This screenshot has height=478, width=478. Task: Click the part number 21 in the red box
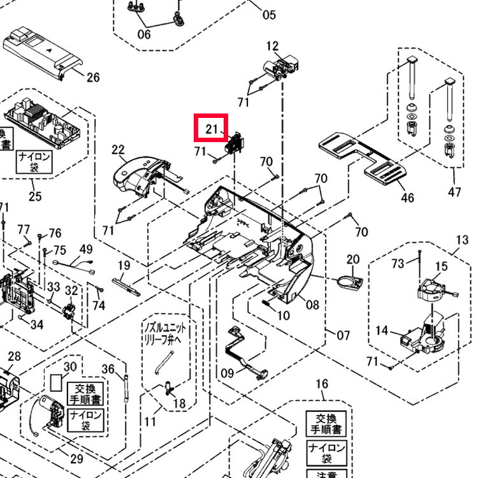(x=212, y=130)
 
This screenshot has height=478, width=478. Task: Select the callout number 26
(x=93, y=78)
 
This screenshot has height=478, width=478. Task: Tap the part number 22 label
(x=118, y=150)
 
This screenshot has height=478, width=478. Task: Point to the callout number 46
(x=407, y=198)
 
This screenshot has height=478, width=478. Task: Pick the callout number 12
(x=273, y=46)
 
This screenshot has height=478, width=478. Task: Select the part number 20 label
(x=353, y=259)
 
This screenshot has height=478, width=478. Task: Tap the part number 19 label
(x=124, y=265)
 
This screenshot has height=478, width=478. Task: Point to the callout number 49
(x=86, y=249)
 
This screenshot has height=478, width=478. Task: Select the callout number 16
(x=322, y=384)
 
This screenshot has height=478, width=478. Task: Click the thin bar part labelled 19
(x=127, y=282)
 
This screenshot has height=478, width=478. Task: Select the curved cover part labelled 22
(x=139, y=172)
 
